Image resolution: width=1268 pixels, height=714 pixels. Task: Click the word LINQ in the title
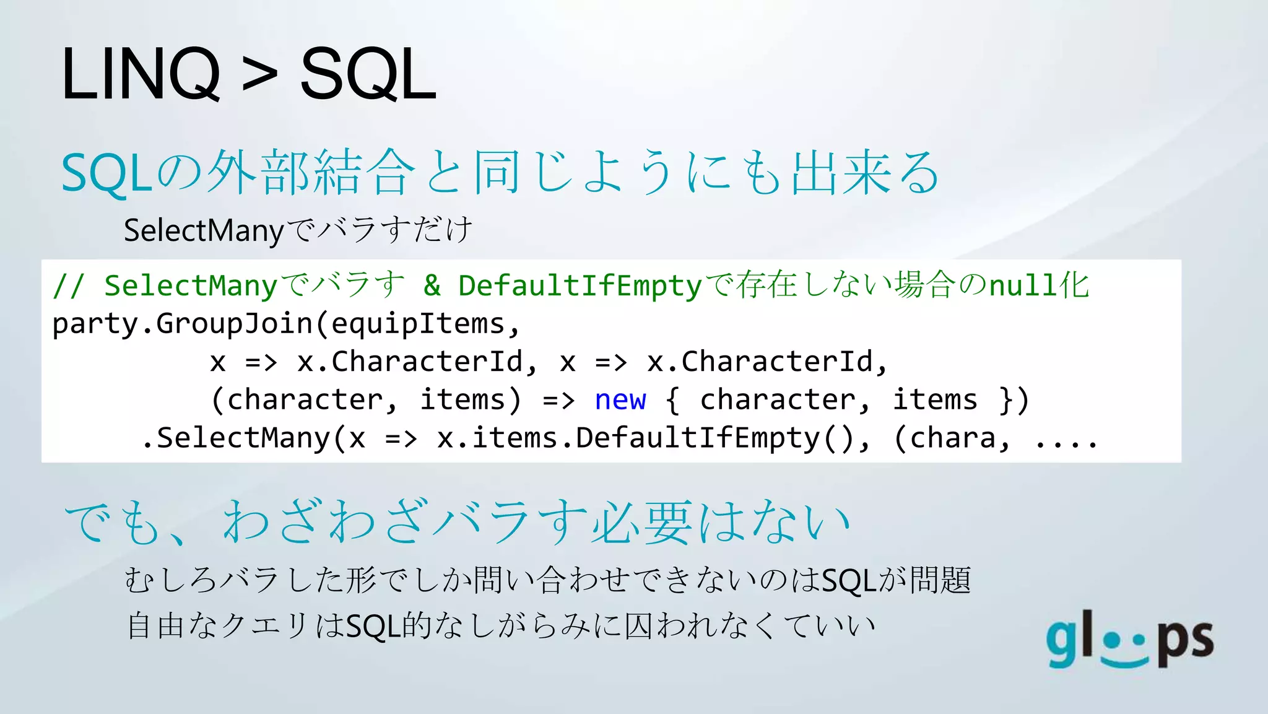click(x=141, y=74)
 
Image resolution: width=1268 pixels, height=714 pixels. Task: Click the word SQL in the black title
click(x=368, y=74)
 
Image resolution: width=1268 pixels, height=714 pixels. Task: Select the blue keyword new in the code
click(x=620, y=400)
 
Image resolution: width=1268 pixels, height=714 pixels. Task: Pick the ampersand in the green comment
click(x=432, y=286)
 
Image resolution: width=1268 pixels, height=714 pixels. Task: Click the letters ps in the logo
click(x=1186, y=642)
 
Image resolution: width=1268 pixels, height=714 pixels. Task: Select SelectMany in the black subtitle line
click(x=204, y=231)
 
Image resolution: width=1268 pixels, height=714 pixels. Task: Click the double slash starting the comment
click(x=67, y=286)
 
